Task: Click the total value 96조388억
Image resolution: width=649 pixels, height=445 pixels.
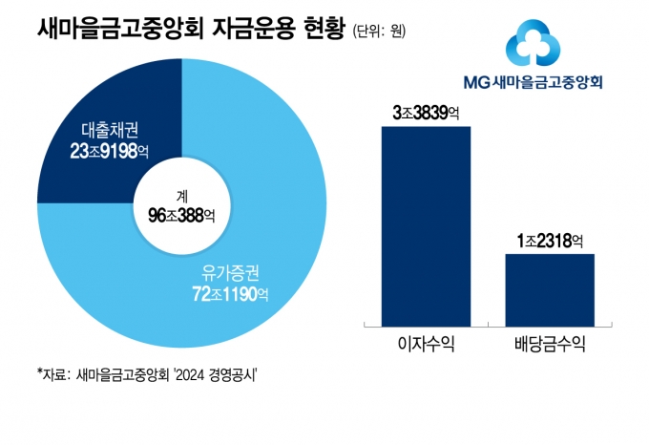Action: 181,216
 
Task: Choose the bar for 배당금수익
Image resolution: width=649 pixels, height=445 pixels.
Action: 549,290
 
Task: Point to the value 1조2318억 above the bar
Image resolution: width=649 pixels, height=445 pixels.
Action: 549,240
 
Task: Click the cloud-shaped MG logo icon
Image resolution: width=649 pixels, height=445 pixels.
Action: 528,44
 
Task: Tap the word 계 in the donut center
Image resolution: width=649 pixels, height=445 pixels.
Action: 181,196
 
